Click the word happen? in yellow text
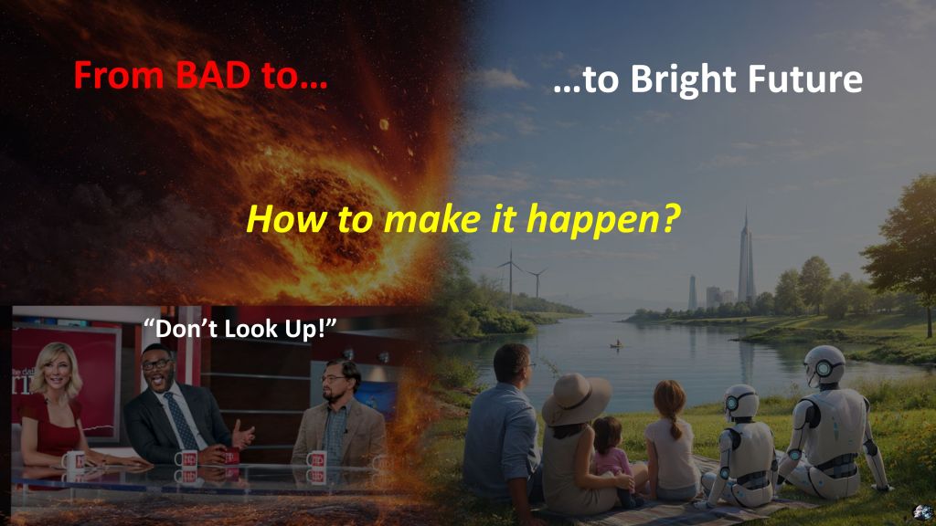coord(603,220)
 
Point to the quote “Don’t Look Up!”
coord(240,328)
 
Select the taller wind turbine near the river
coord(510,279)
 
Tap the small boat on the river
coord(618,344)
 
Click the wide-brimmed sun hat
coord(576,399)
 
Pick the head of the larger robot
coord(824,365)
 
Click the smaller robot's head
coord(740,403)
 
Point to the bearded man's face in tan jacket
coord(335,384)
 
